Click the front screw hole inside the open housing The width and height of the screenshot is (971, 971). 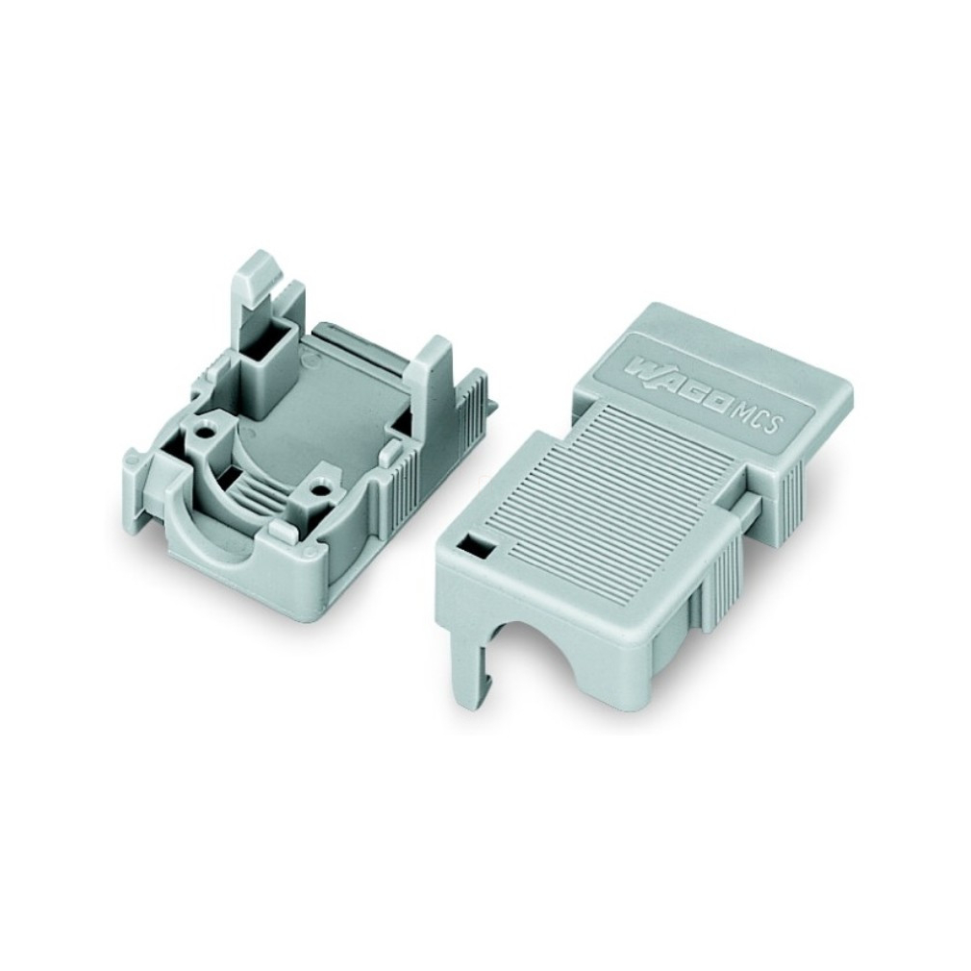click(x=319, y=491)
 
